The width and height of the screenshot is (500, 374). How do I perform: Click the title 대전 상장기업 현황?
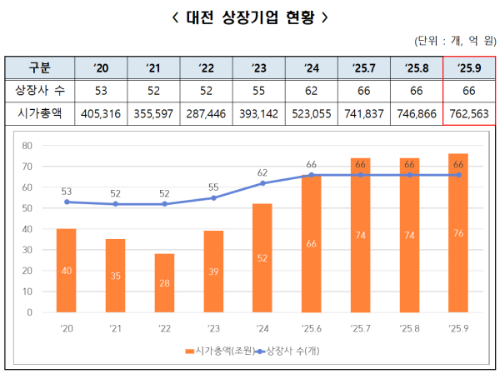click(249, 16)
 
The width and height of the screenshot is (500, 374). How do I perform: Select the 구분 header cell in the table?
click(39, 67)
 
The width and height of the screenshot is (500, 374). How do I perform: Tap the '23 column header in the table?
click(258, 67)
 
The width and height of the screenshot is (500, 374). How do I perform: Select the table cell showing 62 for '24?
click(311, 90)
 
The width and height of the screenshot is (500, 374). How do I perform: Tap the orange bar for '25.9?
click(457, 233)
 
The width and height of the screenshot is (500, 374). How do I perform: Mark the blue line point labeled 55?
click(214, 197)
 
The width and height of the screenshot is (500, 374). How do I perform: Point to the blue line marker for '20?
click(67, 202)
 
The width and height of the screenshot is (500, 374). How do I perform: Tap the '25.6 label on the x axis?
click(312, 327)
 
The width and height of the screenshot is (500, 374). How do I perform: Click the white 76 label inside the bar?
click(457, 233)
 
